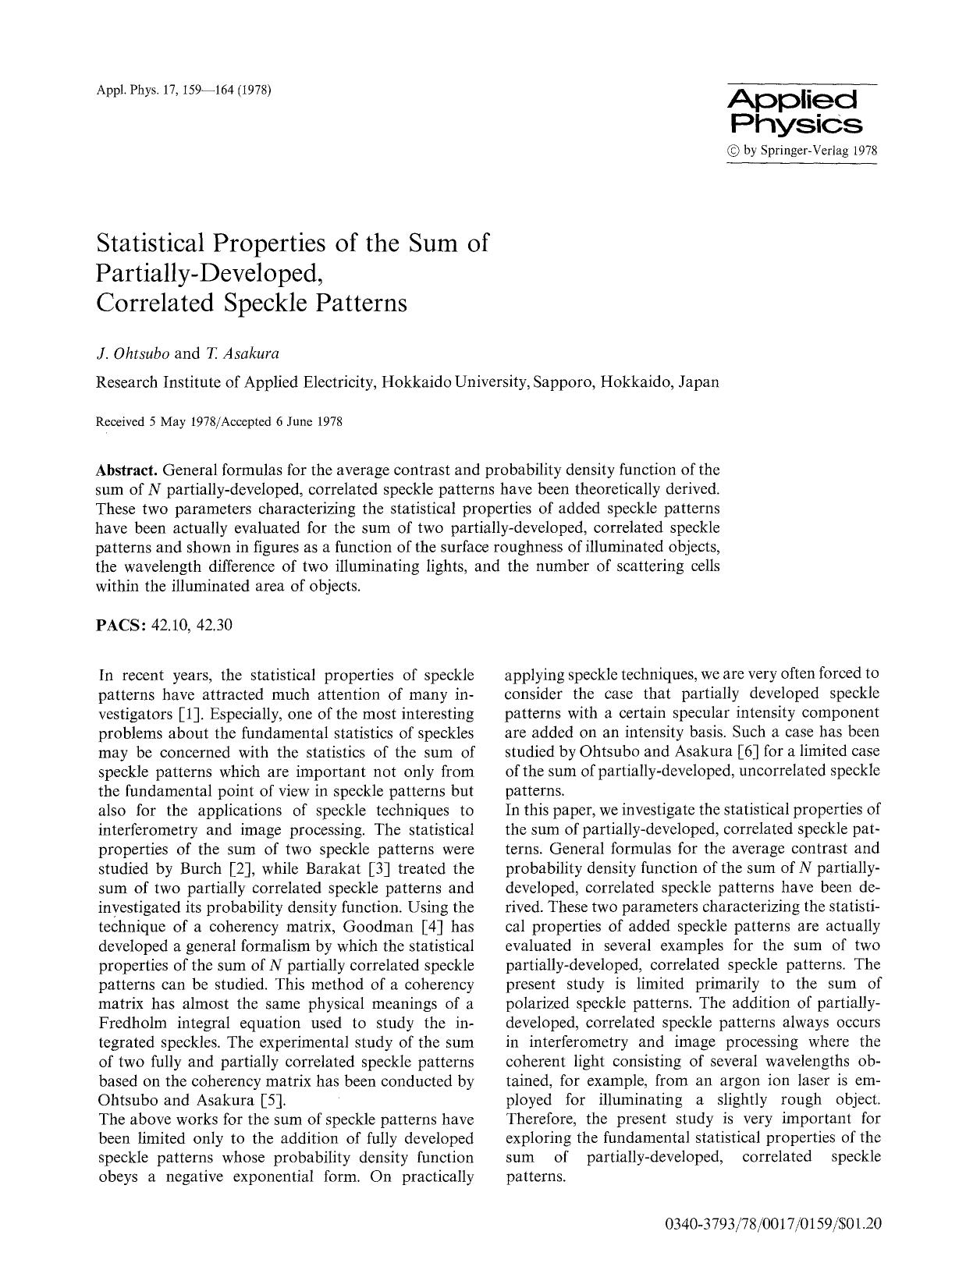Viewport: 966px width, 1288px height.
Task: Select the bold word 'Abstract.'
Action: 126,470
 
